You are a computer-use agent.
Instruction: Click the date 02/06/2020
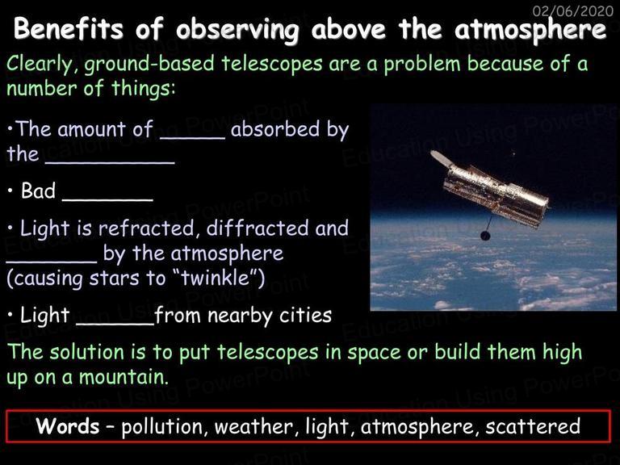(x=573, y=10)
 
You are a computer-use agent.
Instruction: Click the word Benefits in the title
(x=69, y=28)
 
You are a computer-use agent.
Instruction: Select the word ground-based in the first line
(x=149, y=65)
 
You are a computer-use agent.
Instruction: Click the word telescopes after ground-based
(x=272, y=65)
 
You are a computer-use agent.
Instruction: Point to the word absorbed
(x=275, y=129)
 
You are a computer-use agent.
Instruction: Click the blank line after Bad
(x=107, y=200)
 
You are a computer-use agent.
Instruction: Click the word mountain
(x=124, y=376)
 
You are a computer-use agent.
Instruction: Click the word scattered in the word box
(x=533, y=426)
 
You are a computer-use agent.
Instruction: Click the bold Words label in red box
(x=68, y=426)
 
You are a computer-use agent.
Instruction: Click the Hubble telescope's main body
(x=496, y=194)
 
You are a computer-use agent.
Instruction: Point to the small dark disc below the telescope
(x=485, y=236)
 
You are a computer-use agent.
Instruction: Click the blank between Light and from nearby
(x=115, y=325)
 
